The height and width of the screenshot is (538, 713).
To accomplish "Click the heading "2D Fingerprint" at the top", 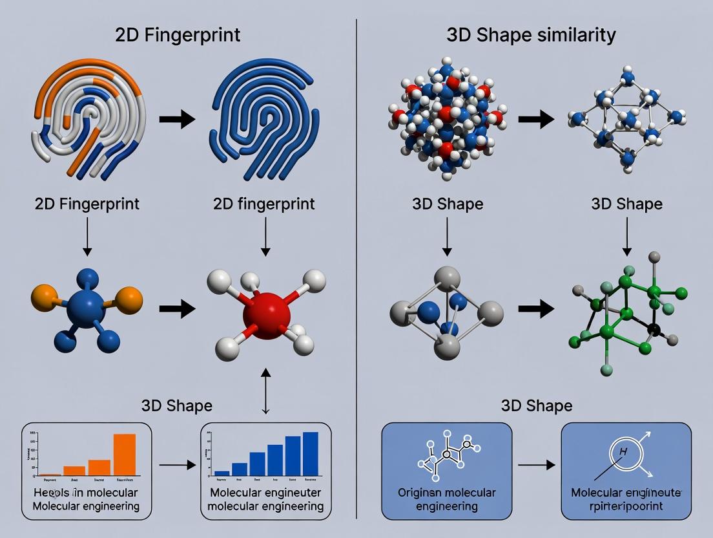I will pos(178,34).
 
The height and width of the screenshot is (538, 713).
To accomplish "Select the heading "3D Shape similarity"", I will pos(531,34).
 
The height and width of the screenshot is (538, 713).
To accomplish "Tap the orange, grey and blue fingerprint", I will pos(87,120).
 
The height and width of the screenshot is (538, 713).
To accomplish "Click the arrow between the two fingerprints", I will pos(177,119).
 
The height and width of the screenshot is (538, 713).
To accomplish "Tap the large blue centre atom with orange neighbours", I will pos(86,304).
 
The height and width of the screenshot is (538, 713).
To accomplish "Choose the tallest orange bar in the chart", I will pos(125,454).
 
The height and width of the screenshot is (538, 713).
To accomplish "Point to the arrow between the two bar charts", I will pos(177,464).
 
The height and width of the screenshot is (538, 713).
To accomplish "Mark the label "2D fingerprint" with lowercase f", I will pos(263,204).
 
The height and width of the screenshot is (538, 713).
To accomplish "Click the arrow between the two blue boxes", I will pos(536,464).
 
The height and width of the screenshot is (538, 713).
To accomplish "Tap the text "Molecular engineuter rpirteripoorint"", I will pos(625,499).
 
